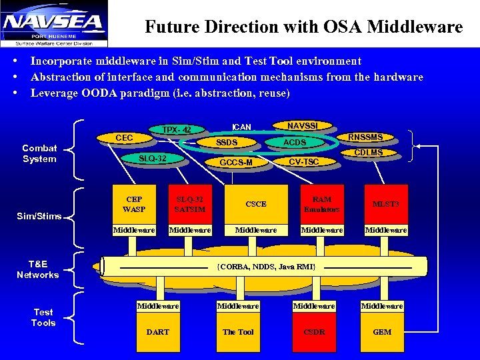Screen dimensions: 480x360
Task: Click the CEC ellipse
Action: (124, 138)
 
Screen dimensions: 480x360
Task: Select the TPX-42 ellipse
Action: (177, 129)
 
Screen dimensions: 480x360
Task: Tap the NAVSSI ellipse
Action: (303, 125)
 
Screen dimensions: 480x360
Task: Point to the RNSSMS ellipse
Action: (366, 137)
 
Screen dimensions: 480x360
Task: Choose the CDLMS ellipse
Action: (368, 153)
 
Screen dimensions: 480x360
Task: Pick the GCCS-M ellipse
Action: (236, 163)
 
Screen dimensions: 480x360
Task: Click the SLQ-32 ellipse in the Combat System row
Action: (152, 158)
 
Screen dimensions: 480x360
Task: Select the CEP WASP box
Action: (134, 204)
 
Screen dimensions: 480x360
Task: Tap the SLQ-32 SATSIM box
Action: (190, 204)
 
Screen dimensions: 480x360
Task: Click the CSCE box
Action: (256, 204)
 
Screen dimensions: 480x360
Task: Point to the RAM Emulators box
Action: (321, 204)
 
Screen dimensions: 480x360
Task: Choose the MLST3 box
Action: (385, 204)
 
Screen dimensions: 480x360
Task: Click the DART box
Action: (158, 331)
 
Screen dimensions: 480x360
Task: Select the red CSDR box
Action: (314, 331)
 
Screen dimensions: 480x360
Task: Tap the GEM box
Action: (382, 331)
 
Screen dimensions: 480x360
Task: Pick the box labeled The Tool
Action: (238, 331)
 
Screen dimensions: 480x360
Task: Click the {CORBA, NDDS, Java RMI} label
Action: (267, 267)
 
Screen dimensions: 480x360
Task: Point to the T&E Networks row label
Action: (38, 269)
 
